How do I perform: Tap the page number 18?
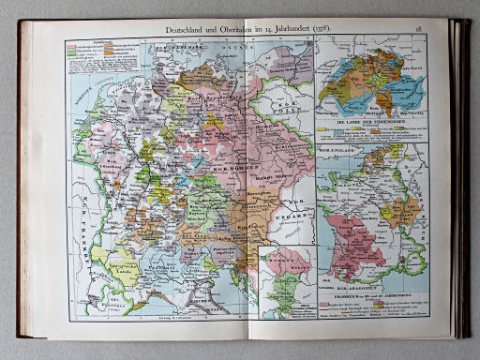pyautogui.click(x=418, y=30)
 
